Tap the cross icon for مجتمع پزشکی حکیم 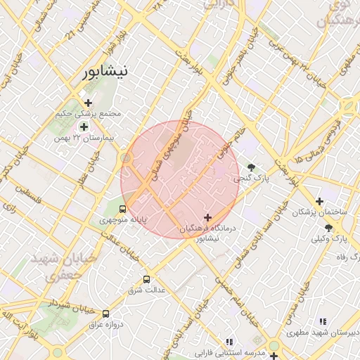tap(88, 103)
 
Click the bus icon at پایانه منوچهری tap(123, 209)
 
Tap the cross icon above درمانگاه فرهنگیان tap(207, 218)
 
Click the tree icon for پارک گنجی tap(251, 167)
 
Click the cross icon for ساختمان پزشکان tap(320, 201)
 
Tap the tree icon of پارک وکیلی tap(329, 228)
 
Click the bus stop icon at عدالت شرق tap(146, 279)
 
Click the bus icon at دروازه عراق tap(105, 314)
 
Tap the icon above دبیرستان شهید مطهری tap(323, 321)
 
